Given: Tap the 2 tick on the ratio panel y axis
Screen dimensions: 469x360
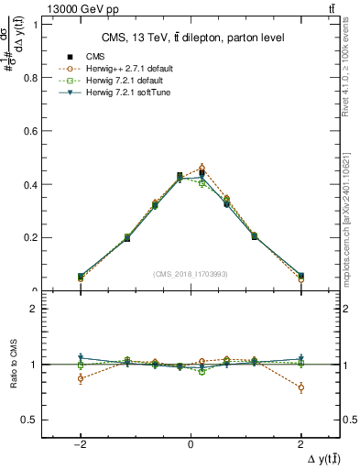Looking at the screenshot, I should pos(34,309).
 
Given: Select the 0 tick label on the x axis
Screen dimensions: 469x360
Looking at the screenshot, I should pos(191,445).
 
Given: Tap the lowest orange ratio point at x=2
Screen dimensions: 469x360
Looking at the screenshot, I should pos(301,387).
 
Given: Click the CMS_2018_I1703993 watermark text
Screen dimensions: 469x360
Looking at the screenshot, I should pos(191,273).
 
